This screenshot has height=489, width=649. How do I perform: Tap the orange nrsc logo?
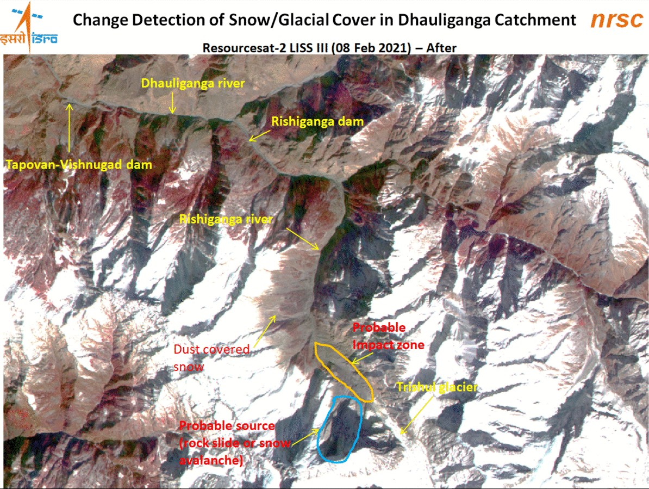(616, 20)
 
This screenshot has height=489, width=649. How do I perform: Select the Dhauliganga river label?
(193, 83)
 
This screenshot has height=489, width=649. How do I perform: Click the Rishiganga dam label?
(317, 122)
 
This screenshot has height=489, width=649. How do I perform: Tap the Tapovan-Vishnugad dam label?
(79, 164)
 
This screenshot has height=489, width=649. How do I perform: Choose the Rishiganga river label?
(226, 219)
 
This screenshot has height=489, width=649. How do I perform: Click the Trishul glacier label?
(437, 387)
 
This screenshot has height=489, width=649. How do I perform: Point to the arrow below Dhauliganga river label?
(172, 103)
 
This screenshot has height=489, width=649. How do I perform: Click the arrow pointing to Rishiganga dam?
(259, 134)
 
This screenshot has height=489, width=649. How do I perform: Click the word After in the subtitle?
(441, 48)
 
